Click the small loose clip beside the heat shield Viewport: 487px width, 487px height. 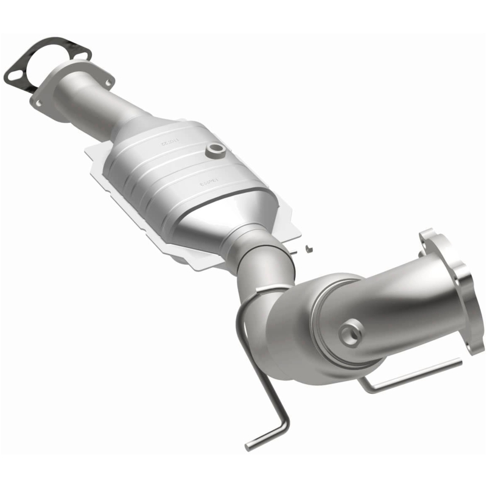(309, 247)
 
